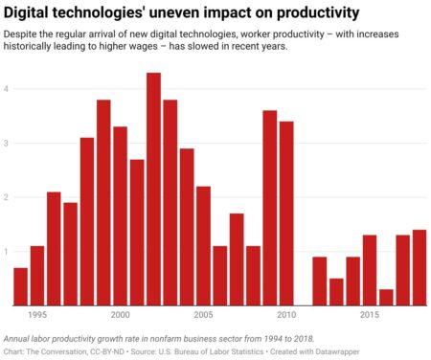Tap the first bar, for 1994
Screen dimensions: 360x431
point(20,286)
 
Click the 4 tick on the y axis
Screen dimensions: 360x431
point(6,89)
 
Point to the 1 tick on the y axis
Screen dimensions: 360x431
point(6,252)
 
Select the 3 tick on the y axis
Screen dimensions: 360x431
point(6,144)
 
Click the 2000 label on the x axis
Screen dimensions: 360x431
point(120,315)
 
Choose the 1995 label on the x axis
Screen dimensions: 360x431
point(37,315)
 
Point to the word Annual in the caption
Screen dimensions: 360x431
point(20,339)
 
